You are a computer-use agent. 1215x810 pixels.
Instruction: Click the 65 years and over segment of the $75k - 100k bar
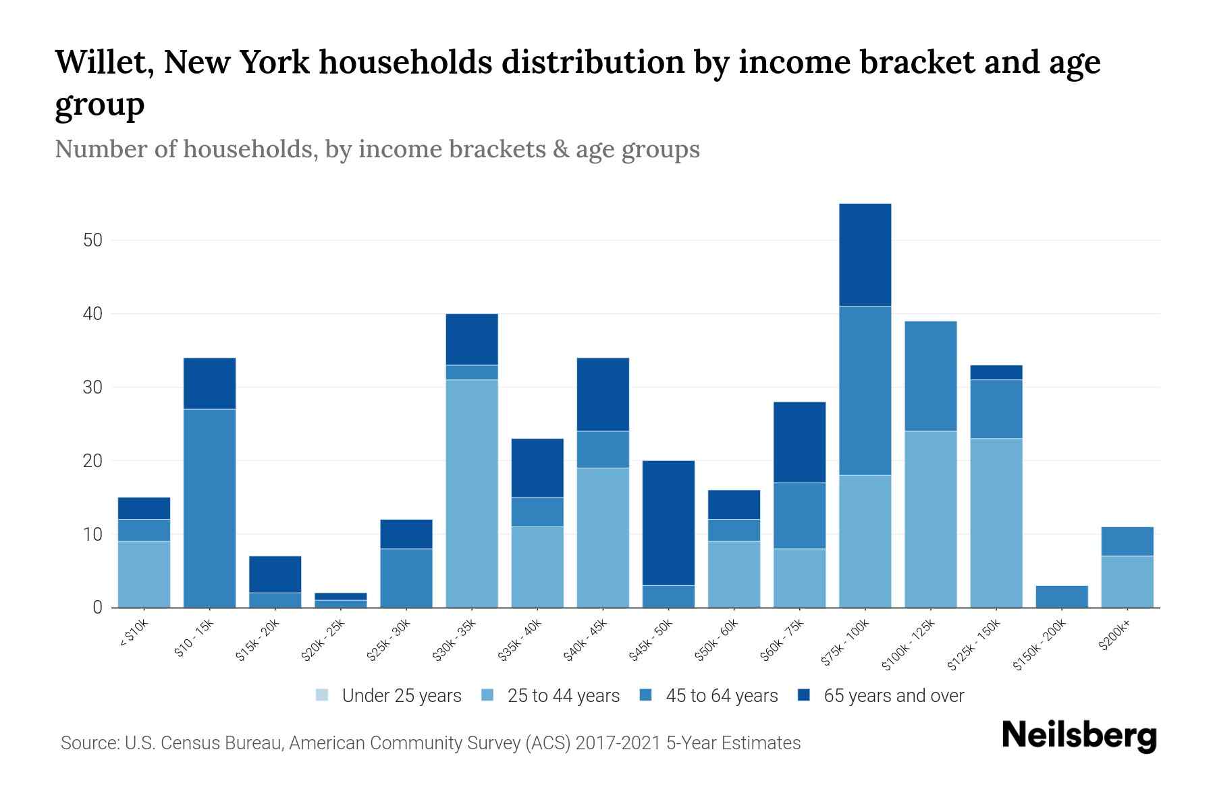click(x=865, y=254)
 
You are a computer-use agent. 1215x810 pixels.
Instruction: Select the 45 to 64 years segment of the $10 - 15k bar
click(x=209, y=508)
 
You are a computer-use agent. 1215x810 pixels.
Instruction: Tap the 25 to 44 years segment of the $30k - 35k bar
click(x=472, y=493)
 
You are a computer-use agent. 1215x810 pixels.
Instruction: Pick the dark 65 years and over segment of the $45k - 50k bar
click(x=668, y=522)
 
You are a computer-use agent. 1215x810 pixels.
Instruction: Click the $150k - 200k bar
click(x=1062, y=596)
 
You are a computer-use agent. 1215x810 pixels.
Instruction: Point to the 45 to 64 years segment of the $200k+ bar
click(x=1127, y=541)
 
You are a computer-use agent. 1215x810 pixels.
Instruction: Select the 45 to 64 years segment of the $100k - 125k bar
click(x=931, y=375)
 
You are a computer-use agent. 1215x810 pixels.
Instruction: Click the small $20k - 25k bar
click(x=340, y=600)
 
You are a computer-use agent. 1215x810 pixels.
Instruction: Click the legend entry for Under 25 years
click(x=389, y=695)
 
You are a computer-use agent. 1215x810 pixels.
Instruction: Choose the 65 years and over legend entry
click(x=881, y=695)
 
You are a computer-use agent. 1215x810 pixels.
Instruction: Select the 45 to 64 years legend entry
click(x=709, y=695)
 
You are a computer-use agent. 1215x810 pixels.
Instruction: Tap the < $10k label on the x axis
click(x=133, y=634)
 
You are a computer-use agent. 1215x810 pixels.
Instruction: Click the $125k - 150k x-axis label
click(x=975, y=645)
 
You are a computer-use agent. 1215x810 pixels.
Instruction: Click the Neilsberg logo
click(x=1079, y=736)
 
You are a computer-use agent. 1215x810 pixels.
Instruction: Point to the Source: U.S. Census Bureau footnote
click(x=431, y=743)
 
